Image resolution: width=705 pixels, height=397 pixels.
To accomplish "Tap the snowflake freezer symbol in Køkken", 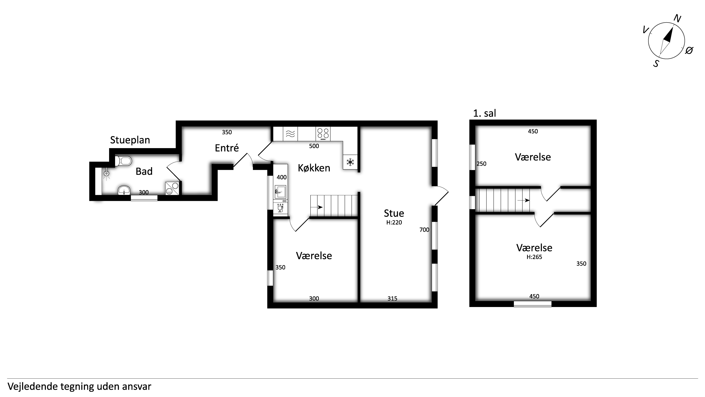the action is point(350,162).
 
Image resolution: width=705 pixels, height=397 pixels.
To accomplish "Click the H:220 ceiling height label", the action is point(394,222).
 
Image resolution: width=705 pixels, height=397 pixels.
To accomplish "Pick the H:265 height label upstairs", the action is point(534,257).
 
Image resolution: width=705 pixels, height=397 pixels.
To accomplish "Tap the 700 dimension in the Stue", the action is point(424,230).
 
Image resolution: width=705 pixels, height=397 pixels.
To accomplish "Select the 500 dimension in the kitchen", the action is point(314,146).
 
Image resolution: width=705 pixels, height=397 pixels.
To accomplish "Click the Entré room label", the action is point(227,148).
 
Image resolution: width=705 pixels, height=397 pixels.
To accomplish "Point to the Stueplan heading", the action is point(130,140).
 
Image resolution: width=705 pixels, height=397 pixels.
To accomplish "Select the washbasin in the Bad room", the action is point(124,190).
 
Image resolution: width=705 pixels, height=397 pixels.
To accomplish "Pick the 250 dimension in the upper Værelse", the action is point(481,164).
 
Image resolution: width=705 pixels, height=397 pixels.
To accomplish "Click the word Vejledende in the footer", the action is point(33,387).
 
